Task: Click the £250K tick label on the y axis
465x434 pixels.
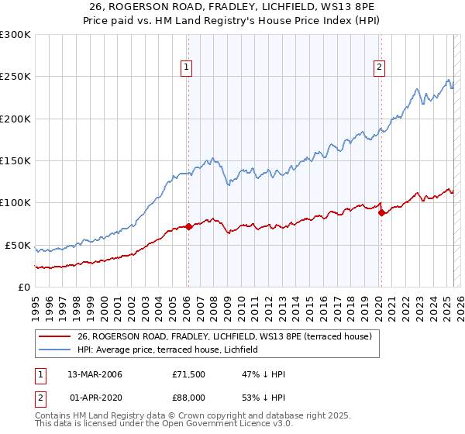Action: [x=15, y=77]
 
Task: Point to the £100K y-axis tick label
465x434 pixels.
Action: [x=15, y=203]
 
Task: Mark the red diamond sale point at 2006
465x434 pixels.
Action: [x=189, y=226]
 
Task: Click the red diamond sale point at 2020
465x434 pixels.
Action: [x=381, y=213]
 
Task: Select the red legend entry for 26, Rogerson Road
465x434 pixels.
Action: [x=225, y=336]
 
